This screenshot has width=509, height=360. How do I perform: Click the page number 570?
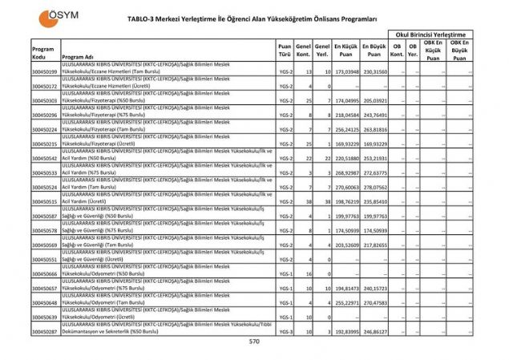tap(254, 341)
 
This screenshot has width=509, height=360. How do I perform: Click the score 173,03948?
tap(345, 71)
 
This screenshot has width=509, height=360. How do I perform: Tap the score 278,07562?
tap(374, 187)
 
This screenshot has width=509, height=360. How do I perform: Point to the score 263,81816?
tap(374, 129)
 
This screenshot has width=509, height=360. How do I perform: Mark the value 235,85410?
tap(374, 201)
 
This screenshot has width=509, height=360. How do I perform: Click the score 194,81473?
tap(345, 286)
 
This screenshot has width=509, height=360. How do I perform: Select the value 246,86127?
tap(374, 330)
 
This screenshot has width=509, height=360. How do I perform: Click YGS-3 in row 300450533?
tap(285, 173)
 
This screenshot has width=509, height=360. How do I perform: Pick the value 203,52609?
tap(345, 245)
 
